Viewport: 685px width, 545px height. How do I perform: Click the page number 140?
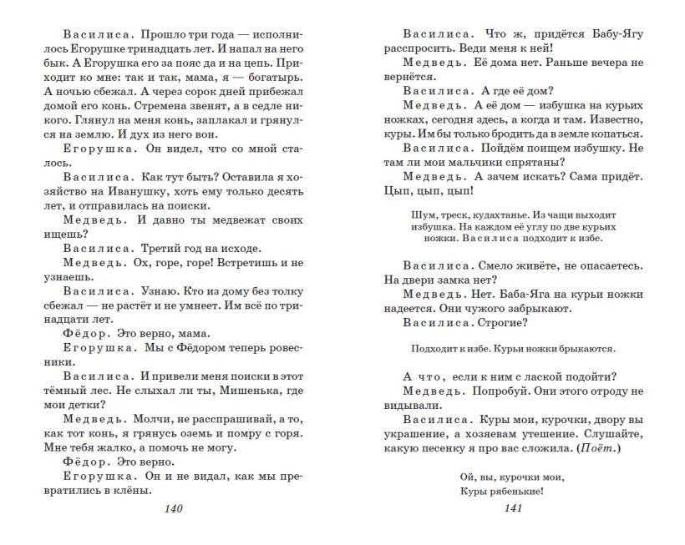pyautogui.click(x=174, y=509)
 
